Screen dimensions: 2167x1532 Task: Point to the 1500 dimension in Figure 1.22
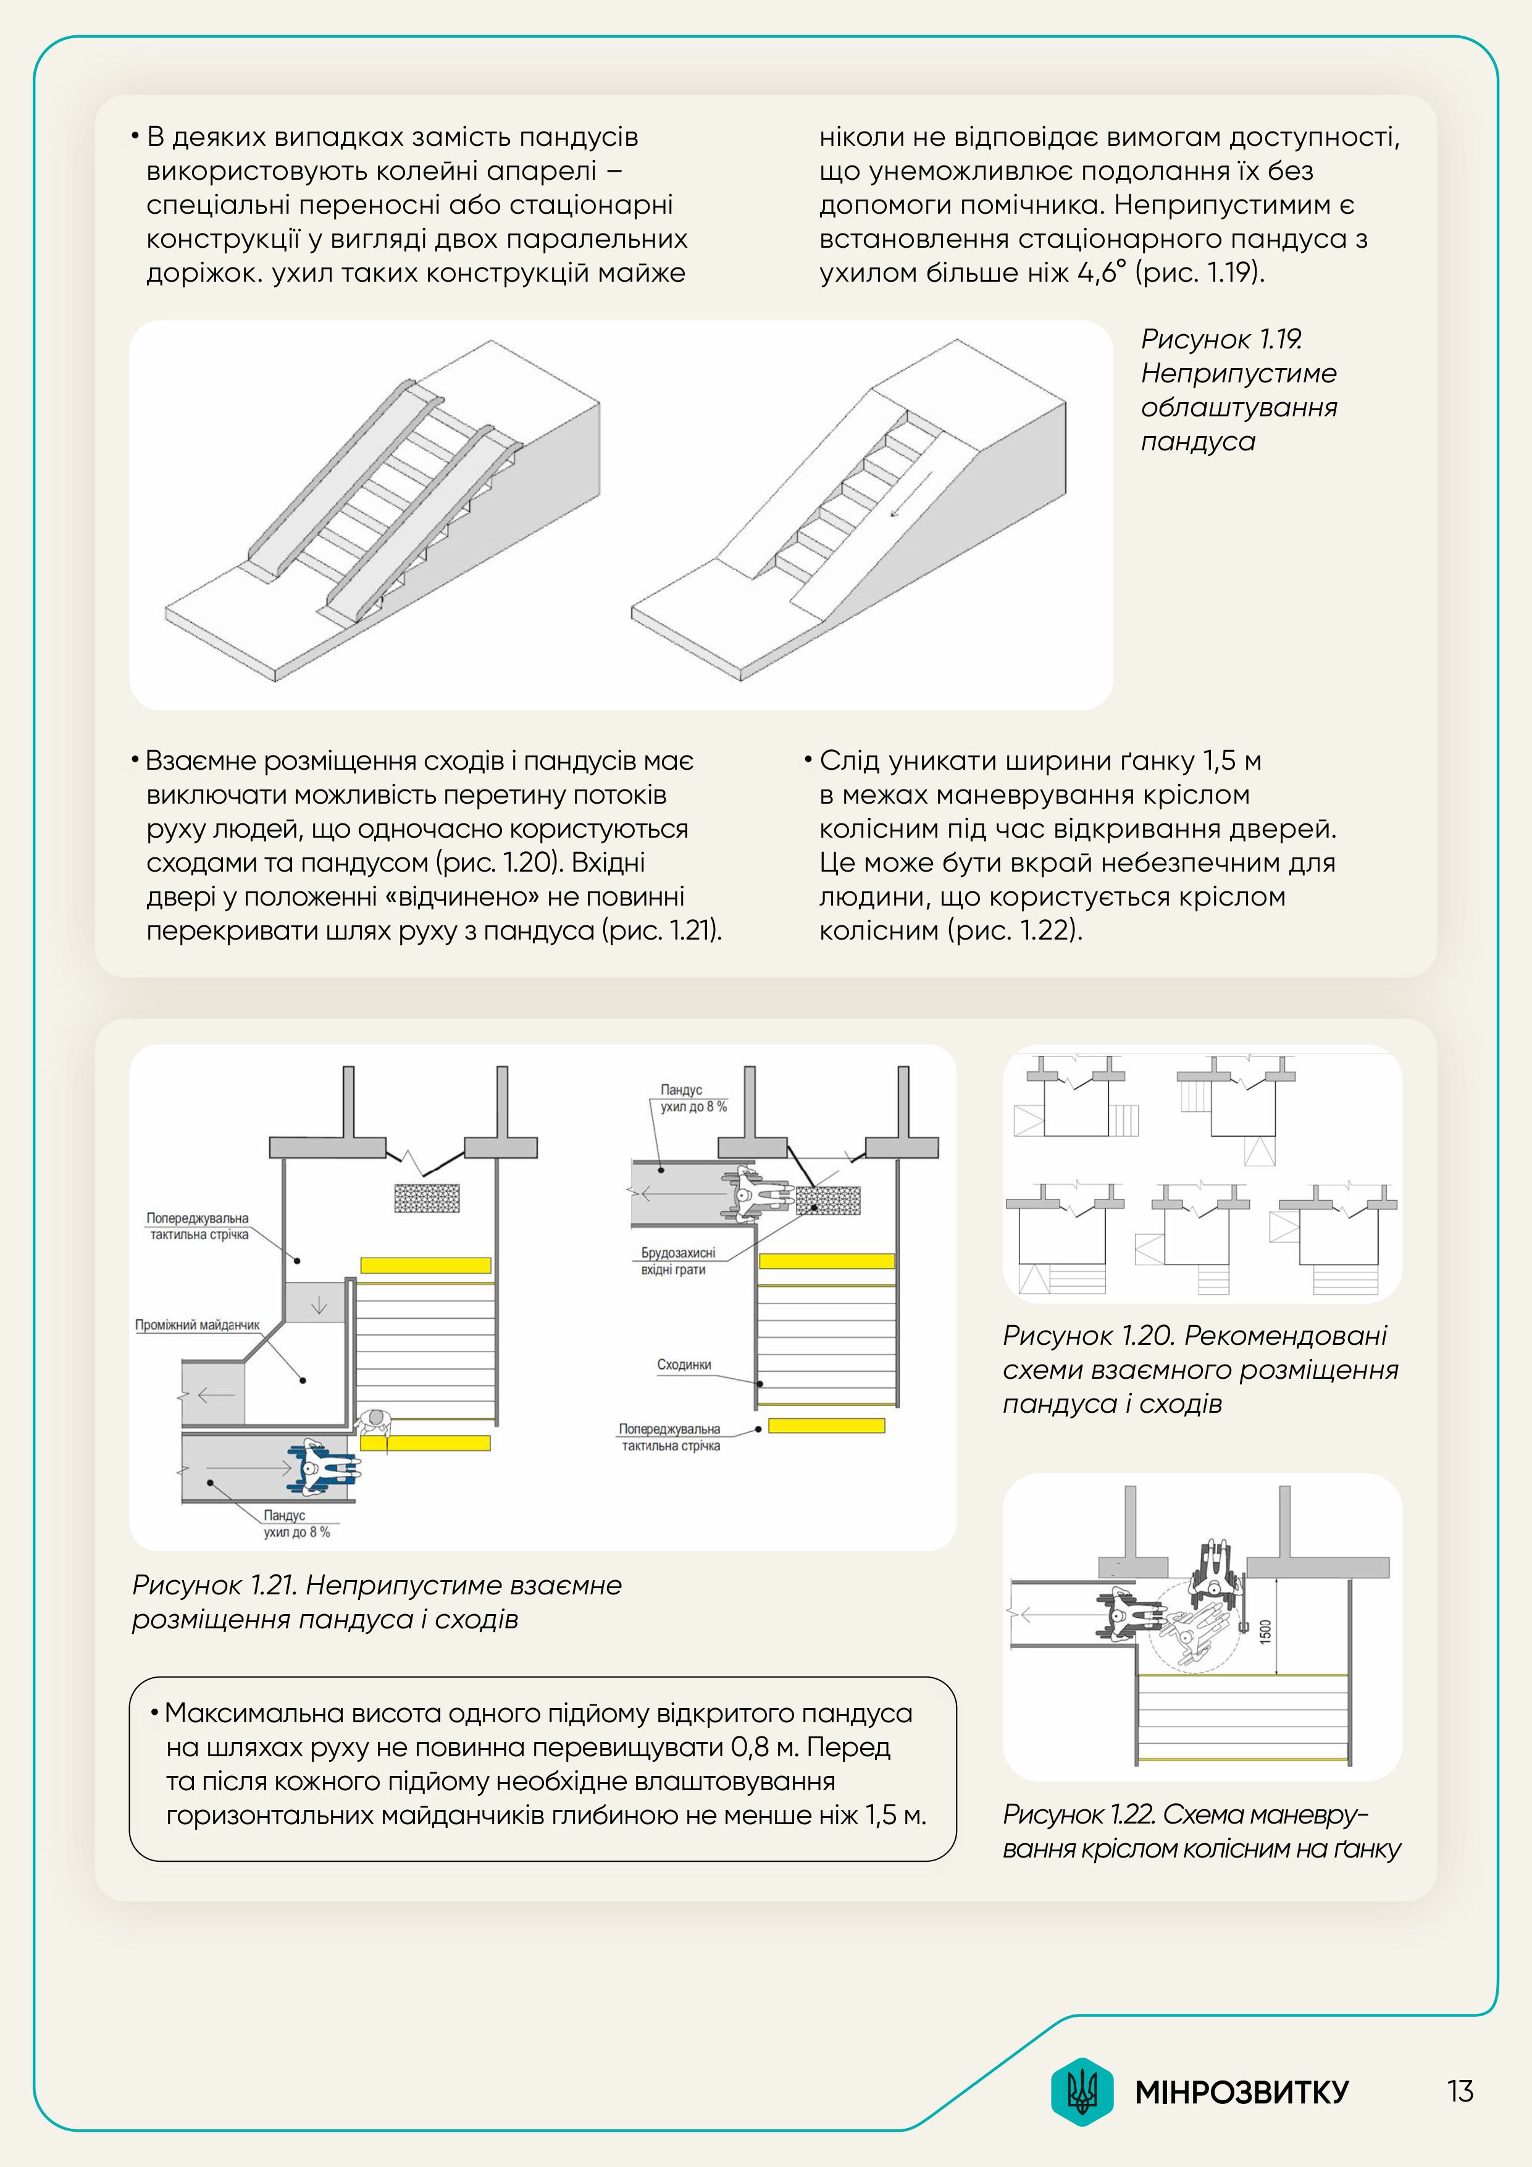(1266, 1630)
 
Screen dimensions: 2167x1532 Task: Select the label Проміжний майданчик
(197, 1325)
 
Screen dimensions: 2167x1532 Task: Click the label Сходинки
(684, 1365)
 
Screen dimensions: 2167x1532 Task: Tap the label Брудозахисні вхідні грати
(677, 1261)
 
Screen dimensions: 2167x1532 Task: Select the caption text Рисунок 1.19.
(1221, 339)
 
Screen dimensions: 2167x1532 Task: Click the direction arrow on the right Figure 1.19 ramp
(911, 495)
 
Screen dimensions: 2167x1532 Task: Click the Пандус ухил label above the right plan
(692, 1098)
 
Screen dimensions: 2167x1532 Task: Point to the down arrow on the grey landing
(319, 1305)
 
